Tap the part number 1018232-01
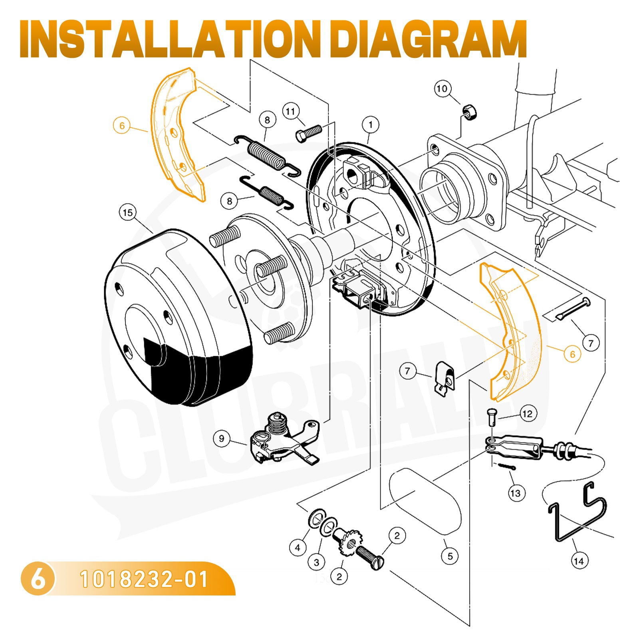[x=144, y=579]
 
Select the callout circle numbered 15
[x=128, y=212]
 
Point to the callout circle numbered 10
[x=442, y=89]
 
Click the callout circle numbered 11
[x=291, y=111]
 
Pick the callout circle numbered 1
[x=371, y=125]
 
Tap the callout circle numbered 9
[x=222, y=439]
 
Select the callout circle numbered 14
[x=579, y=561]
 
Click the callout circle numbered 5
[x=450, y=556]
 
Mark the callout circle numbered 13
[x=515, y=493]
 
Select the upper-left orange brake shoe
[x=176, y=132]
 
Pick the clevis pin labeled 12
[x=491, y=417]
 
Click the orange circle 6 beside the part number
[x=38, y=579]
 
